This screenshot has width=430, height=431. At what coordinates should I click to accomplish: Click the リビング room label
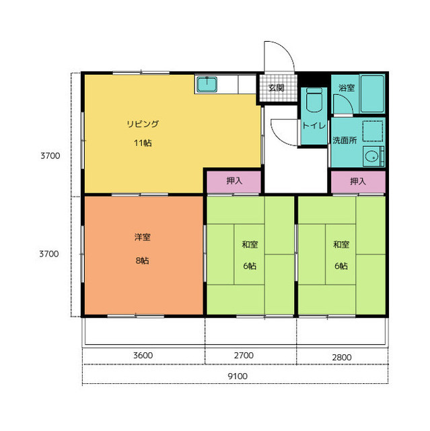143,124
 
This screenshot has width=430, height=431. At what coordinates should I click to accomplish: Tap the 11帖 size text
143,143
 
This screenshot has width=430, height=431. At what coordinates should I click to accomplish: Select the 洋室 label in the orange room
143,237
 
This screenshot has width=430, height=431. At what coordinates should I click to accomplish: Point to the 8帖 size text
143,261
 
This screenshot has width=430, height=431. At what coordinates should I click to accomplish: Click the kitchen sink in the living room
207,84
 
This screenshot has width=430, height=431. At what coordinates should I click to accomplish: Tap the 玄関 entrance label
276,88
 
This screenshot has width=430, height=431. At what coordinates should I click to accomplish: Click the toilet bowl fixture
314,100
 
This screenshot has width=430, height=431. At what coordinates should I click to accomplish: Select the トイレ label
314,126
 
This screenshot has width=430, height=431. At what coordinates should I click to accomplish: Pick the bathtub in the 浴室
372,94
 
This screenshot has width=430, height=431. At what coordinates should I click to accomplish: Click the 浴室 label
347,88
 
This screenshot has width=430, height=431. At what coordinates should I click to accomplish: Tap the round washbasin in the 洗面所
371,156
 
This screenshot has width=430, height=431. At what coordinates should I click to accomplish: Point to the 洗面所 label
345,140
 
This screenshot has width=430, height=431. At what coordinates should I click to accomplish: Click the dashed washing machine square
373,131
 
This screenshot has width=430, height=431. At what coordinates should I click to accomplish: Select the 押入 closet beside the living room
234,182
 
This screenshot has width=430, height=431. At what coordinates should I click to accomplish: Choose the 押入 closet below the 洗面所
358,182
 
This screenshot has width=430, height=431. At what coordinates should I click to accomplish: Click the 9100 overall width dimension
238,376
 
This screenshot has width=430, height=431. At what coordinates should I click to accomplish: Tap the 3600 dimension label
143,356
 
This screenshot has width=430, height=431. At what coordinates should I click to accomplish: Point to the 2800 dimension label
342,358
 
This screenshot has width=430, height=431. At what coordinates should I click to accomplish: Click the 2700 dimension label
244,356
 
